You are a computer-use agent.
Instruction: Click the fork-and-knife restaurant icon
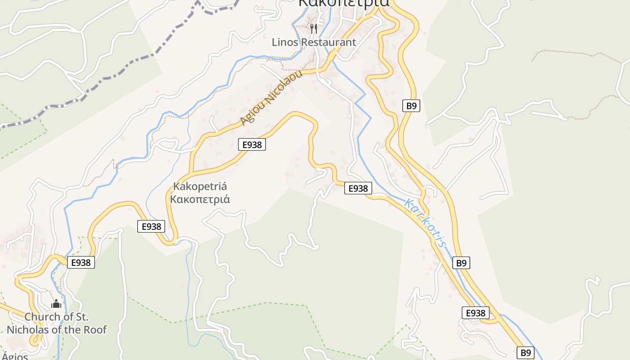pyautogui.click(x=314, y=28)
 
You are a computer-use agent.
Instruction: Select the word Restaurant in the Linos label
pyautogui.click(x=328, y=42)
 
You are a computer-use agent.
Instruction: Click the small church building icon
pyautogui.click(x=56, y=304)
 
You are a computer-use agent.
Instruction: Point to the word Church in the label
pyautogui.click(x=41, y=317)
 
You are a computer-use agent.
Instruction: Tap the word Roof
pyautogui.click(x=94, y=330)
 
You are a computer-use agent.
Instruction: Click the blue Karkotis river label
pyautogui.click(x=425, y=223)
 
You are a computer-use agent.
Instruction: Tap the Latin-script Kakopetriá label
pyautogui.click(x=200, y=186)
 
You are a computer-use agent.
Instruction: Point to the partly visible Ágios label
pyautogui.click(x=14, y=356)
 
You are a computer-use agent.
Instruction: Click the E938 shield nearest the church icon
pyautogui.click(x=81, y=262)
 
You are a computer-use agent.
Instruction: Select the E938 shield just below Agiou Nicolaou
pyautogui.click(x=252, y=144)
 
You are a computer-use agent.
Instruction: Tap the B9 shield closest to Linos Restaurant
pyautogui.click(x=411, y=106)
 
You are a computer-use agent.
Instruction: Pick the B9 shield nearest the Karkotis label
pyautogui.click(x=461, y=263)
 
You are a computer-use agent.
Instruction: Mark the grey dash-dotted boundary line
pyautogui.click(x=112, y=74)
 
